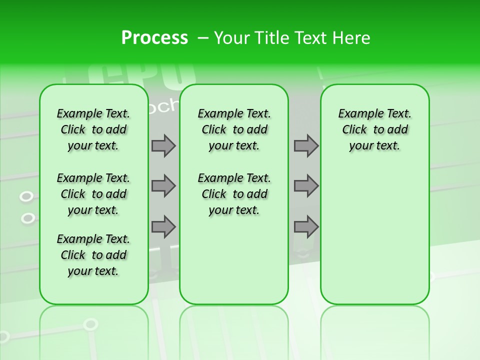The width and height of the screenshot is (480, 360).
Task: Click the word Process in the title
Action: pos(154,38)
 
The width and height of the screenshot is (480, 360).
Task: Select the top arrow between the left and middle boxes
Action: pos(163,145)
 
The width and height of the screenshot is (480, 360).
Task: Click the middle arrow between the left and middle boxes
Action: pos(163,186)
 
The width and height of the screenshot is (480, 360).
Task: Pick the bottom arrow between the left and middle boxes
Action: pos(163,226)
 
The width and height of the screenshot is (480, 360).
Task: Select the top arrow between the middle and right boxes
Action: pos(306,145)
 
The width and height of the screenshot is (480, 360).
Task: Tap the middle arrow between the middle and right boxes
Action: pos(306,186)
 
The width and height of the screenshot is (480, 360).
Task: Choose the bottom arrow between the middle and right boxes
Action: pos(306,226)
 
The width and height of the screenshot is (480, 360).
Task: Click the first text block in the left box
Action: pos(93,129)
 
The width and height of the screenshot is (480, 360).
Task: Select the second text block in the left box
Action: pos(93,194)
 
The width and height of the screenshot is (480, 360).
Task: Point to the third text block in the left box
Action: pos(93,255)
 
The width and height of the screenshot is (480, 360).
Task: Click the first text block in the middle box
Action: pos(234,129)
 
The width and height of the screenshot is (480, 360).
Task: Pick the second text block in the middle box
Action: pos(234,194)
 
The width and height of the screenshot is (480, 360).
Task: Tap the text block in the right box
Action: pos(374,129)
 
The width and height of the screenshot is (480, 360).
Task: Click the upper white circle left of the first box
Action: pos(26,196)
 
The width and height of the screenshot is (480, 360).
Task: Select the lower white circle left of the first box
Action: pos(28,218)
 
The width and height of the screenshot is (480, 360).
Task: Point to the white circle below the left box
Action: pos(90,324)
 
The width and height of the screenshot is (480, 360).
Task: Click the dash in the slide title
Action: pos(203,38)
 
